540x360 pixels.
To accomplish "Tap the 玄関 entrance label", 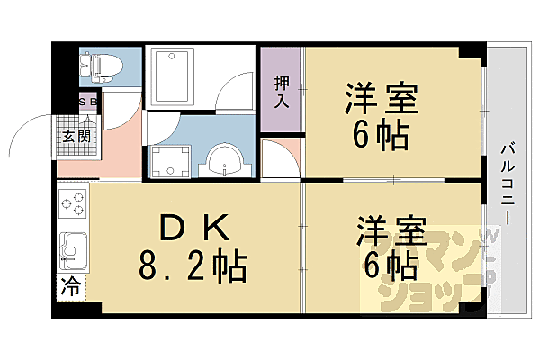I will point(76,137).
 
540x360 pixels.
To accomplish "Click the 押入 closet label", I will point(282,91).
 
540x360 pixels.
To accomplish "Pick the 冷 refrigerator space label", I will point(69,288).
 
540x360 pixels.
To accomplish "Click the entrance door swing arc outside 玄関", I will point(36,135).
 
